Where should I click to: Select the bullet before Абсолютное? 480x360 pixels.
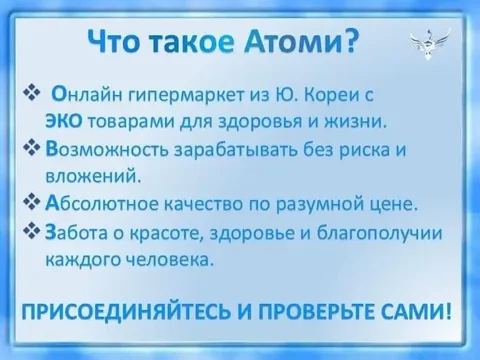tap(31, 204)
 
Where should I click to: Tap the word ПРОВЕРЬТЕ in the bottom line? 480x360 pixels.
tap(303, 311)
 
